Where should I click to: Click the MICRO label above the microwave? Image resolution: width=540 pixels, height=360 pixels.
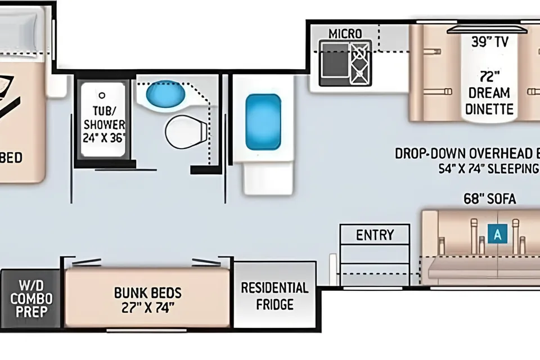point(345,34)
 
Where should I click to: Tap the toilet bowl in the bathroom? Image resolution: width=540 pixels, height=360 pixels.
point(186,132)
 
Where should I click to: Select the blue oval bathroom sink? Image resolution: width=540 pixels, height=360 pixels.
point(165,94)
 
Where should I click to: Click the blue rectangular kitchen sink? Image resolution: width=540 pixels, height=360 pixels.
point(263,122)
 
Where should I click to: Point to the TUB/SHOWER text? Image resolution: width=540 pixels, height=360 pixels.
point(104,118)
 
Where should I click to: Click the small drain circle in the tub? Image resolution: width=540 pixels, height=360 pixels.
point(102,95)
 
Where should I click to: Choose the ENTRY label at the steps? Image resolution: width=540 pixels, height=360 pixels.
point(375,235)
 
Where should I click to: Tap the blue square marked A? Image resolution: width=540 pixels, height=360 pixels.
point(498,234)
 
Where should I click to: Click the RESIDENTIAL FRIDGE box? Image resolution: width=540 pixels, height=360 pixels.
point(275,295)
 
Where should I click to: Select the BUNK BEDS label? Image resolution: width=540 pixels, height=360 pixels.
point(148,293)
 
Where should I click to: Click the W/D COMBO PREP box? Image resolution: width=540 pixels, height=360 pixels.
point(30,298)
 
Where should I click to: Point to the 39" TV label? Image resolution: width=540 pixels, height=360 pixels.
point(490,42)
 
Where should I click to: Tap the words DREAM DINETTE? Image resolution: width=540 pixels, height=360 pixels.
point(489,101)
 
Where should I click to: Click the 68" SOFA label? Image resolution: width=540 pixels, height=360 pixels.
point(490,199)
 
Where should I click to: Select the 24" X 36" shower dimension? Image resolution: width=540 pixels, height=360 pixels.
point(104,138)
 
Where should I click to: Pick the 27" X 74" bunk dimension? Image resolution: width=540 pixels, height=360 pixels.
point(148,308)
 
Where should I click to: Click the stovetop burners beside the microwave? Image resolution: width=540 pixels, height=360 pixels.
point(361,62)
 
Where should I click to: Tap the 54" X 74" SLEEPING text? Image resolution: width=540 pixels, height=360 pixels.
point(489,169)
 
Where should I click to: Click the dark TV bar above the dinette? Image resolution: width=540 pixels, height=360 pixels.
point(487,30)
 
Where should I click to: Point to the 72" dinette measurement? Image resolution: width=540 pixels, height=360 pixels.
point(489,76)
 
